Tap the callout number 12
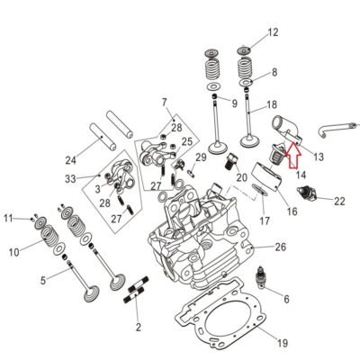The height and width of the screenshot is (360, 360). (x=273, y=32)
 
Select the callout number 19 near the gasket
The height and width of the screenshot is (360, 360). (x=283, y=343)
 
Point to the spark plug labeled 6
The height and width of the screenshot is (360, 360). (x=261, y=277)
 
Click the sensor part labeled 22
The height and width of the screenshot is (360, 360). (x=307, y=193)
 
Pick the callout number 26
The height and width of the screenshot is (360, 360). (x=281, y=247)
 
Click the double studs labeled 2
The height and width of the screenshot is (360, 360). (x=136, y=290)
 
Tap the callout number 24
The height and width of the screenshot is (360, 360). (x=71, y=160)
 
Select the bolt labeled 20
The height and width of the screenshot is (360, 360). (x=231, y=161)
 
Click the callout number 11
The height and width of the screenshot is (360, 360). (x=8, y=219)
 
